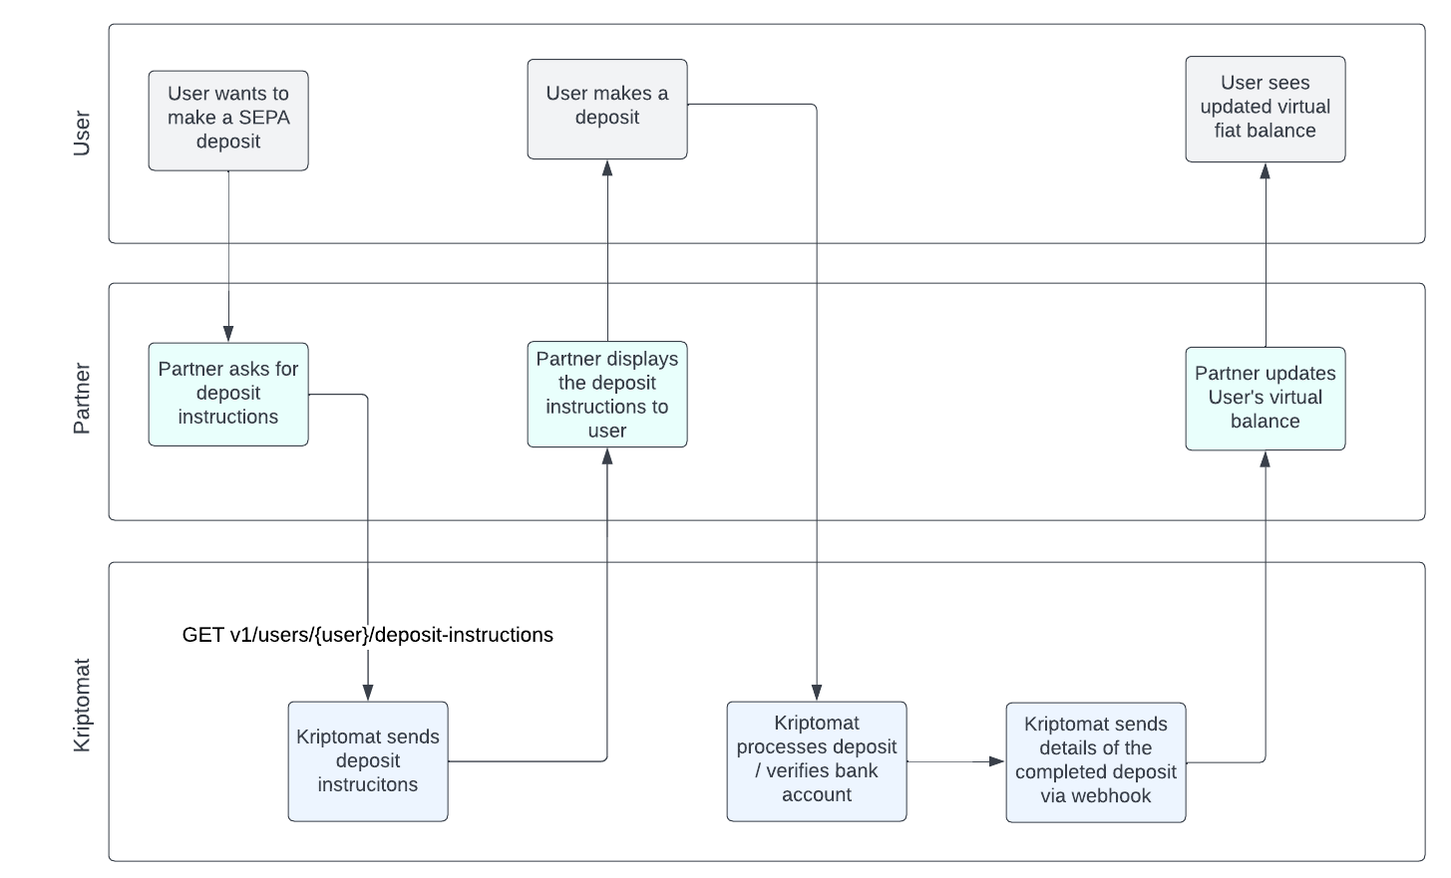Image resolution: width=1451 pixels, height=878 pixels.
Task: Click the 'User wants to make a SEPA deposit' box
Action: tap(228, 121)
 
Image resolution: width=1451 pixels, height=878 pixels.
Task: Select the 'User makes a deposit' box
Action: tap(607, 110)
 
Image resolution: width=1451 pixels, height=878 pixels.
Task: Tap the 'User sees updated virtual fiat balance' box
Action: tap(1266, 110)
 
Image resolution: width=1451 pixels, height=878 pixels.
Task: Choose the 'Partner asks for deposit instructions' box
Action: tap(228, 395)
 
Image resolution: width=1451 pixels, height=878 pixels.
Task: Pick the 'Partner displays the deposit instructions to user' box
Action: tap(607, 395)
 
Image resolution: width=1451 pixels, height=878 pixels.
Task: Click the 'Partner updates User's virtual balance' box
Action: tap(1266, 399)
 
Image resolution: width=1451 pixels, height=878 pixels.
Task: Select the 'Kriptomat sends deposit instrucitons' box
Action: tap(368, 761)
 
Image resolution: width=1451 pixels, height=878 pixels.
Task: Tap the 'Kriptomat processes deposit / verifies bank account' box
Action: tap(816, 761)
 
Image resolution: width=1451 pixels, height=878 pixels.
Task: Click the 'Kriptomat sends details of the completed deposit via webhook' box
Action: tap(1095, 762)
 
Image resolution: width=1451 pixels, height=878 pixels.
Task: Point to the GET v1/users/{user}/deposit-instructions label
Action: tap(367, 635)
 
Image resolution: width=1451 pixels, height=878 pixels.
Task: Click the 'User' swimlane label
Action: tap(82, 134)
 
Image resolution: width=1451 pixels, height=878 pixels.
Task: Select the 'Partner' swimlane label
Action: tap(82, 399)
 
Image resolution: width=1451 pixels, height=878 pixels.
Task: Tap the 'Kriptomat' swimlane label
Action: tap(82, 706)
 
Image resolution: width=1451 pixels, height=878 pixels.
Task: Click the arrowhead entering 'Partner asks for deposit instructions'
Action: tap(228, 334)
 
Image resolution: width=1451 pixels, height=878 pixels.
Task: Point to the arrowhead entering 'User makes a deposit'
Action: tap(607, 168)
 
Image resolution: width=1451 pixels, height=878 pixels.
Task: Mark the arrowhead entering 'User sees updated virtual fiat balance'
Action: tap(1266, 171)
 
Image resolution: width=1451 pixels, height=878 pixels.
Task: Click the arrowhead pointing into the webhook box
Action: tap(997, 761)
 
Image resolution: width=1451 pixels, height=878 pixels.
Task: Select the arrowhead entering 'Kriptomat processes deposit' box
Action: tap(816, 693)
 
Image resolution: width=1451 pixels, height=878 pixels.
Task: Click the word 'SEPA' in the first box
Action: tap(264, 118)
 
